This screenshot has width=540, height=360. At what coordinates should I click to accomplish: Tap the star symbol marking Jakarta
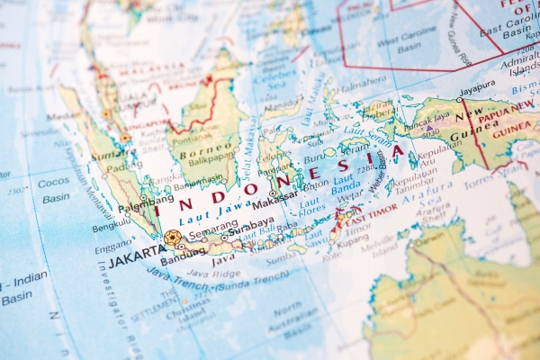click(x=171, y=238)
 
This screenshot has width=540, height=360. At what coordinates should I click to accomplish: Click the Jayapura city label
click(x=477, y=87)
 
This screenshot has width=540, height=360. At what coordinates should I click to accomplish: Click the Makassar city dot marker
click(x=273, y=193)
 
